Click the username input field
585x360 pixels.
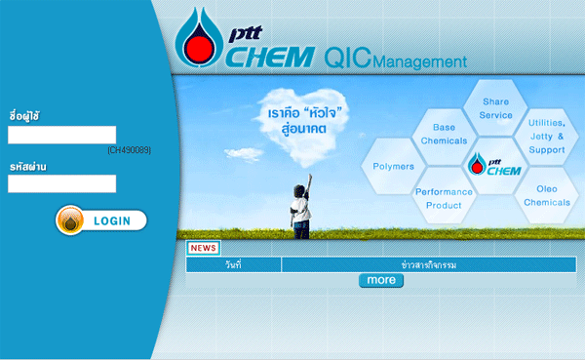pos(61,135)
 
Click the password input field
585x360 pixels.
pos(61,183)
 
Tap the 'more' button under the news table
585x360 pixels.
pos(380,281)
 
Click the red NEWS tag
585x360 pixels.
pos(204,248)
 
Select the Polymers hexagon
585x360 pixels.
pos(393,167)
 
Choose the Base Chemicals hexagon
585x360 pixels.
pos(444,135)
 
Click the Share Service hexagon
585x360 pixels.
pos(495,108)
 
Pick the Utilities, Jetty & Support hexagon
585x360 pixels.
pos(546,137)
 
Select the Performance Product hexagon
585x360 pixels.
pos(444,199)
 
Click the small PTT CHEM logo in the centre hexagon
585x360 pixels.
pos(495,166)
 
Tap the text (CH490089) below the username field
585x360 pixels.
pos(129,150)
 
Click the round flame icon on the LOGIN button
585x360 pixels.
pos(71,221)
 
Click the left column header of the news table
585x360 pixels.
pos(233,265)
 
